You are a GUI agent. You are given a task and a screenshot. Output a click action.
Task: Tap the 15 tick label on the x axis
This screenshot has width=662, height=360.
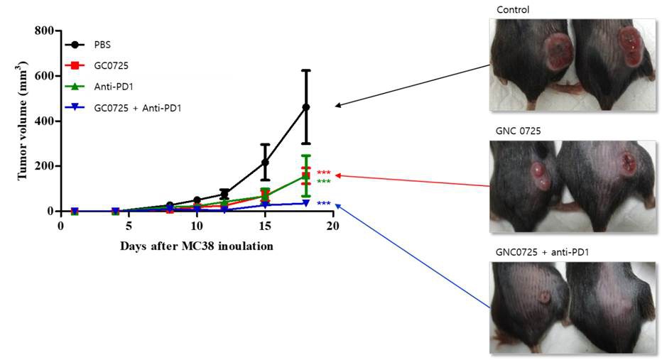pos(264,227)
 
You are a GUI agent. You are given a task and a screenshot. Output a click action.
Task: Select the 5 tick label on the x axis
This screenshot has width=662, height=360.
pos(129,227)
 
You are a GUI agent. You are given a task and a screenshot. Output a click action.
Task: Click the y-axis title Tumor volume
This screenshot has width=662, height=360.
pos(23,121)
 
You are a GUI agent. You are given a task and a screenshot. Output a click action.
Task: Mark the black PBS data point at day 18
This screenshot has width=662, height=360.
pos(305,107)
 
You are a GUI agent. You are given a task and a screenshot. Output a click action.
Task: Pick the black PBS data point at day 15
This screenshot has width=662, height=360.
pos(265,163)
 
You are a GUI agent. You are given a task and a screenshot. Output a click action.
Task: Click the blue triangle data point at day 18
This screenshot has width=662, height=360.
pos(305,203)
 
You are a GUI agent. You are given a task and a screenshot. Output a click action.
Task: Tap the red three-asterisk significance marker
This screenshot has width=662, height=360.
pos(324,173)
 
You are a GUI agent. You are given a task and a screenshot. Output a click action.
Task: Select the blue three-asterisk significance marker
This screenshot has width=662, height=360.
pos(324,204)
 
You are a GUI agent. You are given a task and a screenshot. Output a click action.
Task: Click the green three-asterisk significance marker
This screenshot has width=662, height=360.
pos(324,182)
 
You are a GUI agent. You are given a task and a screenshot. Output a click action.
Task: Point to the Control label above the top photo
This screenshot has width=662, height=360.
pos(512,10)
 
